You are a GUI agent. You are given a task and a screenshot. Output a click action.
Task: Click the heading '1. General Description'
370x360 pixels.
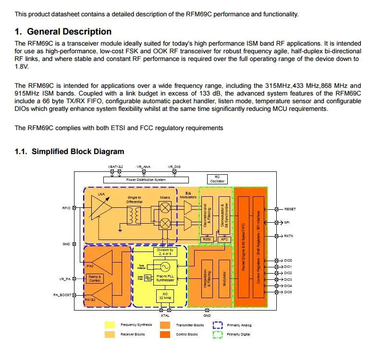coord(63,32)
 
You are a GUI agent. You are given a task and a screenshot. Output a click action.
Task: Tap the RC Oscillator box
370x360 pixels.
coord(217,179)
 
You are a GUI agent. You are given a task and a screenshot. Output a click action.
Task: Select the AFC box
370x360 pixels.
coord(224,239)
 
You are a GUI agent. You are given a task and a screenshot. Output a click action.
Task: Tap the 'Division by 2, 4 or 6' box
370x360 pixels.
coord(165,252)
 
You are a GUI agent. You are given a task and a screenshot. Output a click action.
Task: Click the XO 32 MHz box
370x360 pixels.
coord(164,297)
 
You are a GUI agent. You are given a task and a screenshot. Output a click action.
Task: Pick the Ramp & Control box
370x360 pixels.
coord(94,278)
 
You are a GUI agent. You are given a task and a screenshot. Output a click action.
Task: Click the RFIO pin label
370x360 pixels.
coord(66,208)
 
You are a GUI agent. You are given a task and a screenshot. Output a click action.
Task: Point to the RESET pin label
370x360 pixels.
coord(290,209)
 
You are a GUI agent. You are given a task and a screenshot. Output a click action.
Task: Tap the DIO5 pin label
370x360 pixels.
coord(288,292)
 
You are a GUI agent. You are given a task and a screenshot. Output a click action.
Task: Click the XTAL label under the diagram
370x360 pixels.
coord(165,315)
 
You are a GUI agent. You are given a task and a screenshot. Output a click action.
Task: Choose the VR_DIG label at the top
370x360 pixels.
coord(174,167)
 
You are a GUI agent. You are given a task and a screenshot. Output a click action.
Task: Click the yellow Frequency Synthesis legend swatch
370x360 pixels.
coord(110,325)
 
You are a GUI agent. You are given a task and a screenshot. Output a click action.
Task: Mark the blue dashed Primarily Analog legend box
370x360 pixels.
coord(217,325)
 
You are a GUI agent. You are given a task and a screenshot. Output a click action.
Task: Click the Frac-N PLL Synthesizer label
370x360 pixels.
coord(165,278)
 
